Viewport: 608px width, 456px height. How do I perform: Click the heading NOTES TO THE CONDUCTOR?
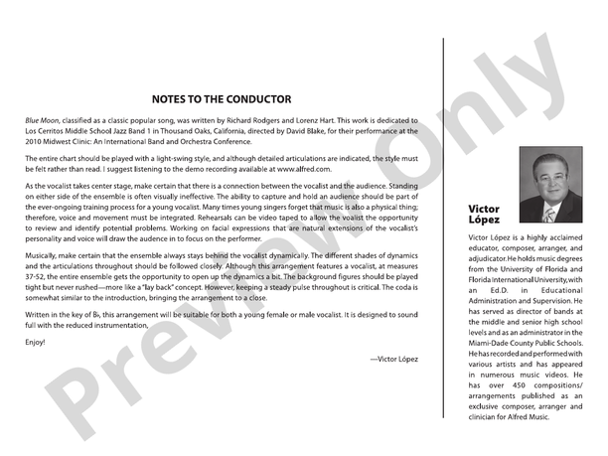coord(222,99)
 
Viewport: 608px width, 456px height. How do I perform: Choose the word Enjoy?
coord(36,343)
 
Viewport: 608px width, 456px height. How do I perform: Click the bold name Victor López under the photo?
coord(484,215)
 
